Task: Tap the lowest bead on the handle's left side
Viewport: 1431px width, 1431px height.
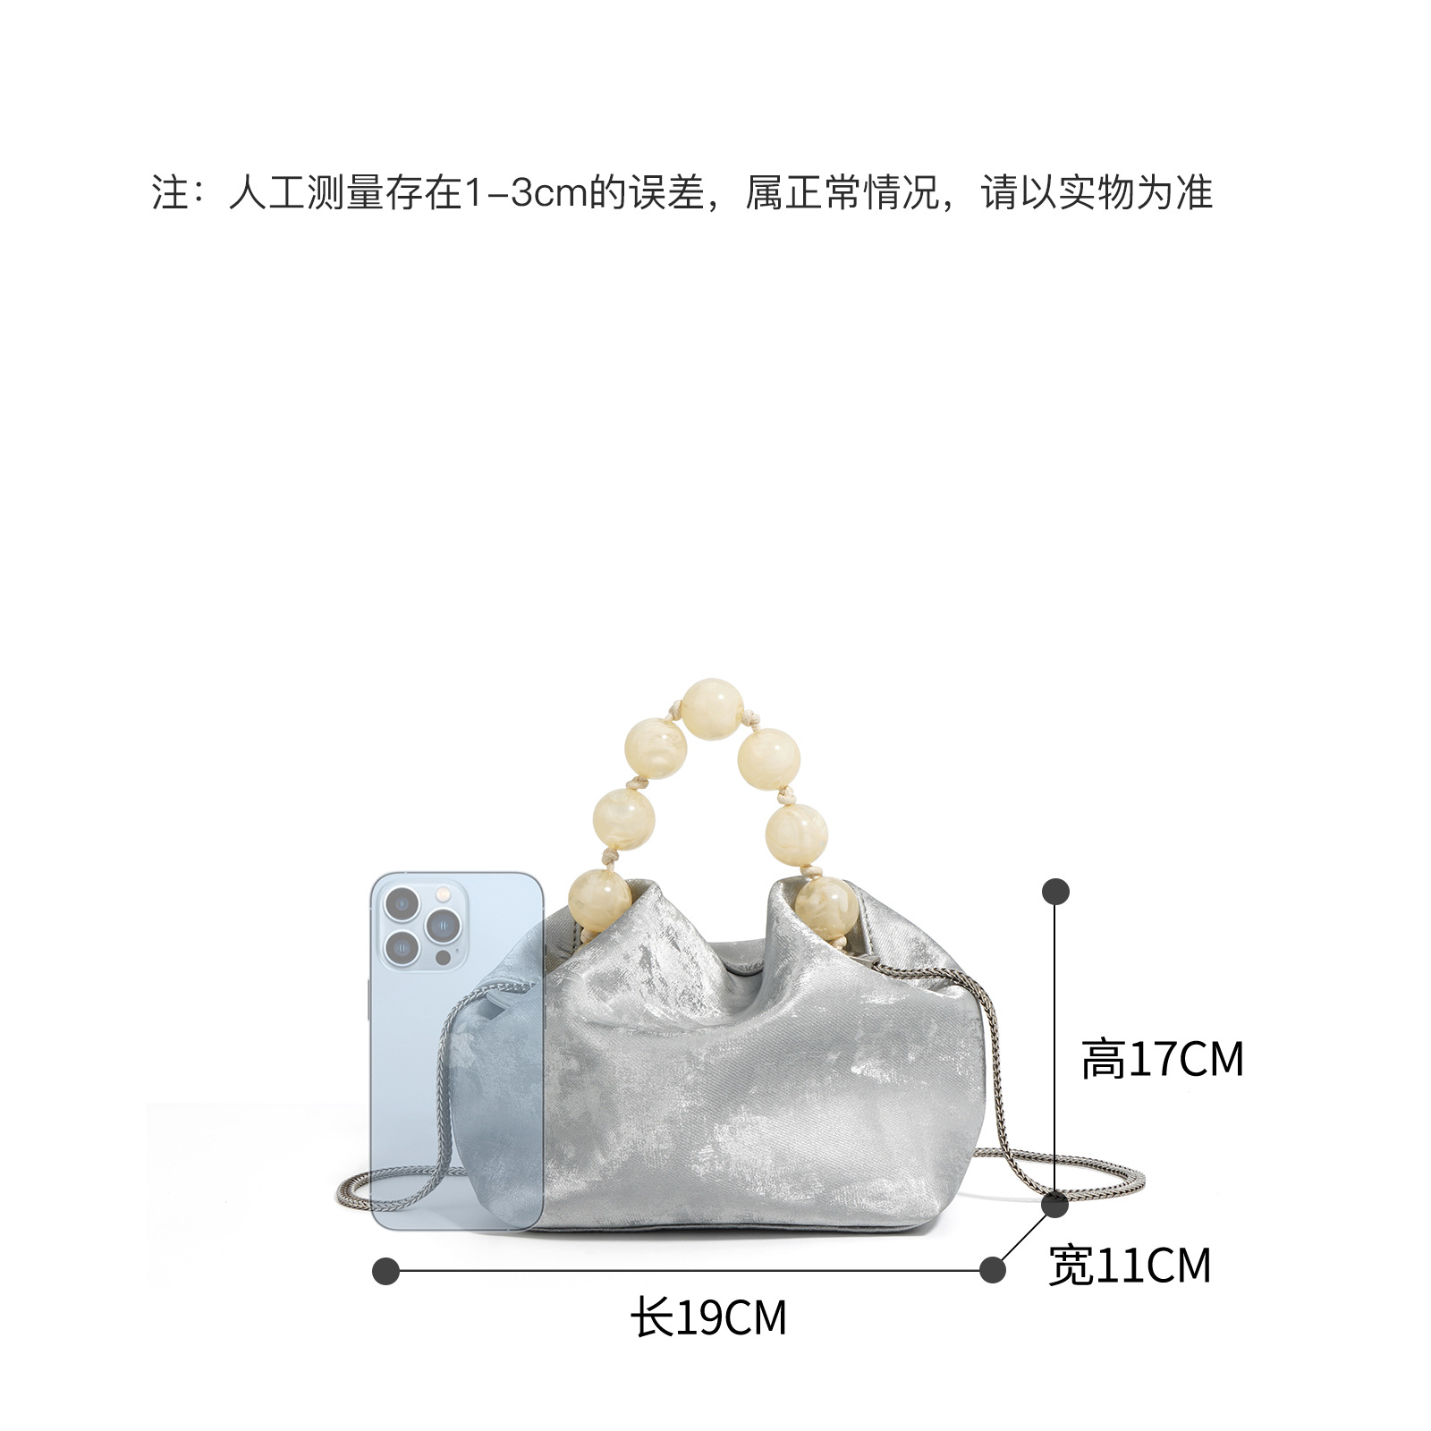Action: click(x=599, y=897)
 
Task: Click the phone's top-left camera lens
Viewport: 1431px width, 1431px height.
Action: click(x=402, y=904)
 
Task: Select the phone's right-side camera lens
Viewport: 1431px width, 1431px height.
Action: click(x=442, y=925)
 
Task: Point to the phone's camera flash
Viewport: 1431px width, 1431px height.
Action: click(x=442, y=893)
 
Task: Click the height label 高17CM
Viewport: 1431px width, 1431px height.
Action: click(x=1162, y=1060)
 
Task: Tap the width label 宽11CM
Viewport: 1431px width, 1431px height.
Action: click(x=1130, y=1266)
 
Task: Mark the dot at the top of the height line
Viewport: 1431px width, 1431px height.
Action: click(x=1055, y=892)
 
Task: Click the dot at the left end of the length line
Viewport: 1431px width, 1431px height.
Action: click(x=385, y=1270)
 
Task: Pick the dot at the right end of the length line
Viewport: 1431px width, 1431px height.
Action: click(x=992, y=1270)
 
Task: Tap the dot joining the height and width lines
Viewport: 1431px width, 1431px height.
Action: click(x=1055, y=1205)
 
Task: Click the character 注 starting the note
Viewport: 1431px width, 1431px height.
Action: click(x=170, y=193)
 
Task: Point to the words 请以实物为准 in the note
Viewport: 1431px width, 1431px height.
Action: click(x=1097, y=193)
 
